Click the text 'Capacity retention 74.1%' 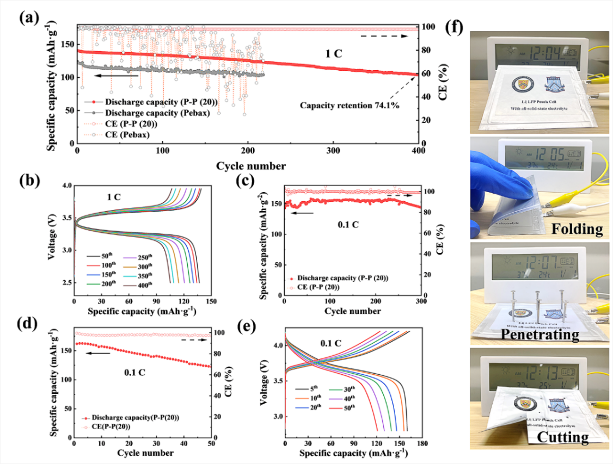point(349,106)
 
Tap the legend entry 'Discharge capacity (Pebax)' point(154,113)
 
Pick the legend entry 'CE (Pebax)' point(128,134)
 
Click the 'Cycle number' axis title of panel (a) point(248,165)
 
